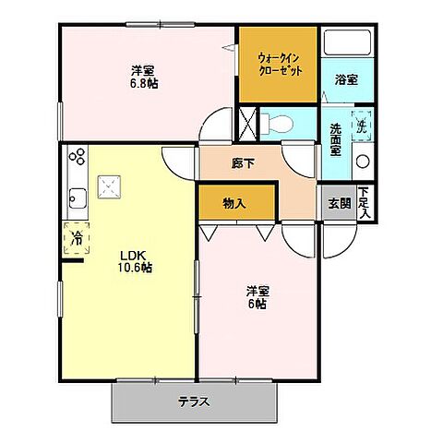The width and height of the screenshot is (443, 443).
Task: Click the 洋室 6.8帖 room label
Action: click(143, 77)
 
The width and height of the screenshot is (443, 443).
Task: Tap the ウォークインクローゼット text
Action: click(279, 64)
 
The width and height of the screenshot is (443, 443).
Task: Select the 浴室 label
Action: click(347, 79)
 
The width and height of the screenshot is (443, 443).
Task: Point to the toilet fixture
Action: click(279, 123)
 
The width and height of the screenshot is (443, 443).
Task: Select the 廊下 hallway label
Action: click(244, 164)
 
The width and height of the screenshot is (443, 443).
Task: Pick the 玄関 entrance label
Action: click(339, 204)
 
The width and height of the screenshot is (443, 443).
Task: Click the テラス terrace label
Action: click(195, 401)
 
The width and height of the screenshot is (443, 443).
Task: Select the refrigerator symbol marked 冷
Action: click(76, 238)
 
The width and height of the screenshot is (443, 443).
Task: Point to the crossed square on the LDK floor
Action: click(113, 187)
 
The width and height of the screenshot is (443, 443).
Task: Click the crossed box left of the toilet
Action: click(246, 122)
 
